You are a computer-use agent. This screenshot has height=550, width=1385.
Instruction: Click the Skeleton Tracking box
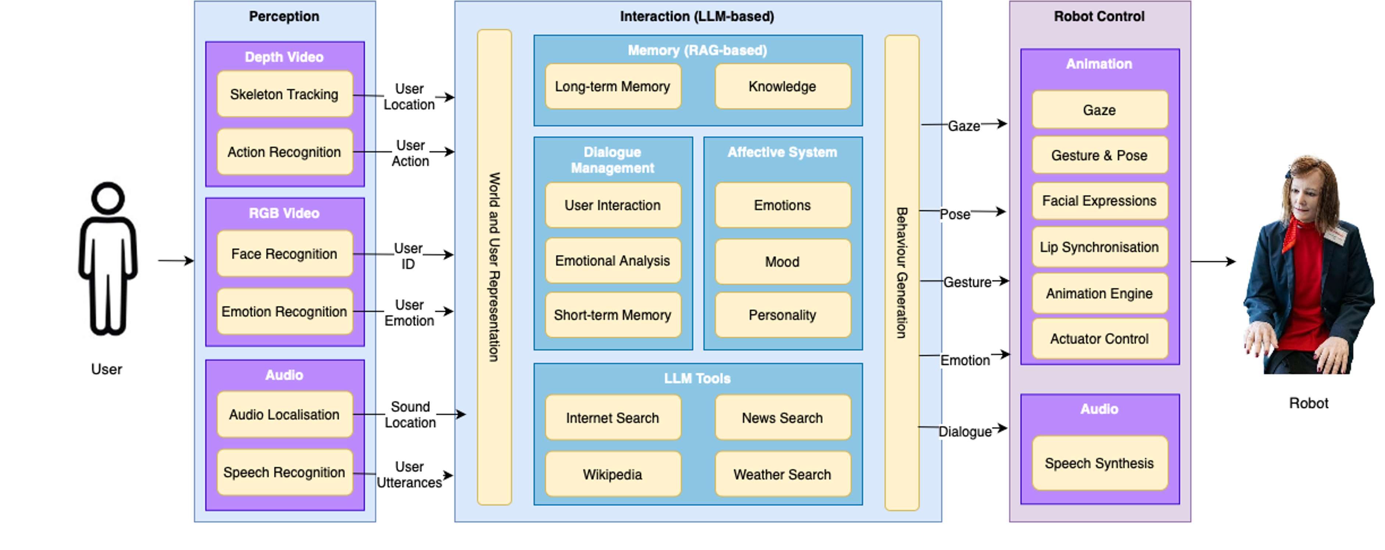pyautogui.click(x=285, y=94)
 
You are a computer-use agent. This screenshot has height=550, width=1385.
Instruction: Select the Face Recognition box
pyautogui.click(x=285, y=254)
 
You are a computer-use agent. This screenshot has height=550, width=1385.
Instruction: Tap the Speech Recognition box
pyautogui.click(x=285, y=472)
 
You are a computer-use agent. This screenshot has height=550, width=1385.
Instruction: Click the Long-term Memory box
pyautogui.click(x=613, y=86)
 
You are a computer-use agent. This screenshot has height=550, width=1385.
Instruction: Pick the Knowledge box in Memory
pyautogui.click(x=782, y=86)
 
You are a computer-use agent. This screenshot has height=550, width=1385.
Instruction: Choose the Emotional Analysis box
pyautogui.click(x=613, y=261)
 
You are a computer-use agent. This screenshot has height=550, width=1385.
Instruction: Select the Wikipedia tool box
pyautogui.click(x=613, y=474)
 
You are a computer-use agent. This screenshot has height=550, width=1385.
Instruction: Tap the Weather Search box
pyautogui.click(x=782, y=474)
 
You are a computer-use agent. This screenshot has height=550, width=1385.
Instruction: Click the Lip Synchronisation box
pyautogui.click(x=1099, y=247)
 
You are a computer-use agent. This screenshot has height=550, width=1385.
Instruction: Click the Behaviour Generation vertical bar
pyautogui.click(x=902, y=272)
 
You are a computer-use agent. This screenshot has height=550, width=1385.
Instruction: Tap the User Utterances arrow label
pyautogui.click(x=410, y=475)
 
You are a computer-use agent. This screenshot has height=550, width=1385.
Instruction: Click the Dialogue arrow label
pyautogui.click(x=965, y=431)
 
